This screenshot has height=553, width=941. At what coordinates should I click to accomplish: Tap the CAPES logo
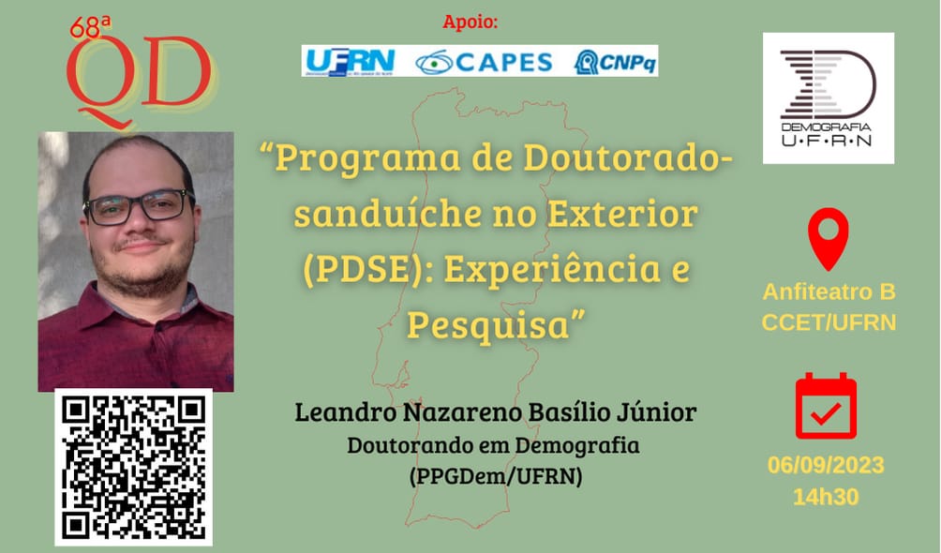pos(484,61)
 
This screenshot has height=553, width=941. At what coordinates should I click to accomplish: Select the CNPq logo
pos(616,61)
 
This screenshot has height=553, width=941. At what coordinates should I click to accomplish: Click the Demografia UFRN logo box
pos(828,98)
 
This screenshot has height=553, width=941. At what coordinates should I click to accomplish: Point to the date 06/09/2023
pos(826,466)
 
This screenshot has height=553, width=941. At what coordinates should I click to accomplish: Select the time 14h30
pos(826,497)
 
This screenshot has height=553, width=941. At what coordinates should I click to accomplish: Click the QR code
pos(134,467)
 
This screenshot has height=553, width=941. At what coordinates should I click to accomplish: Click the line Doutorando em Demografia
pos(494,446)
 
